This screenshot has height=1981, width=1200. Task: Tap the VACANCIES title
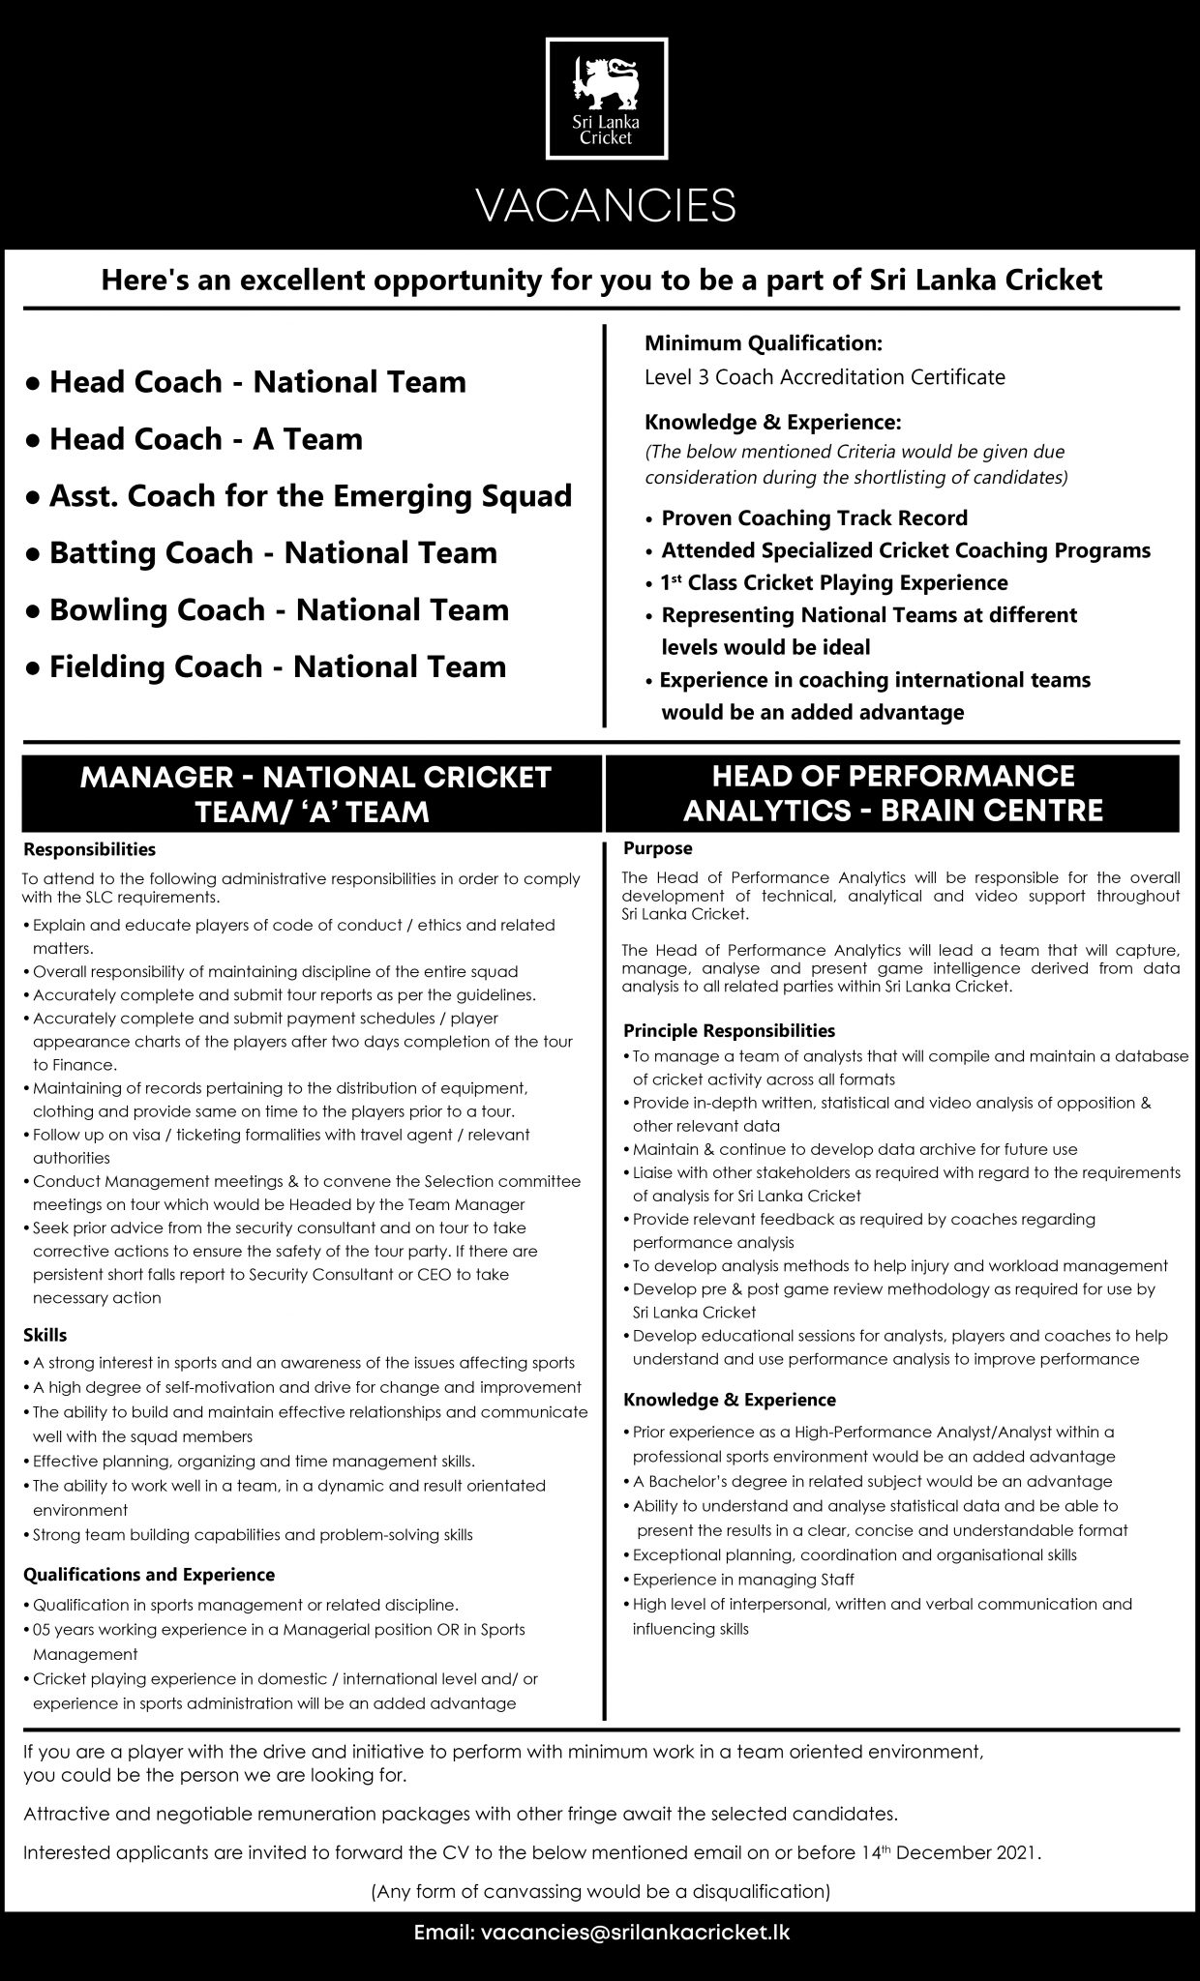click(609, 206)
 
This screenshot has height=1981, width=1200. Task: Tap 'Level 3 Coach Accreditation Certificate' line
click(825, 377)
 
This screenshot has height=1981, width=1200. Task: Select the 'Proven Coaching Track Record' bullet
click(814, 518)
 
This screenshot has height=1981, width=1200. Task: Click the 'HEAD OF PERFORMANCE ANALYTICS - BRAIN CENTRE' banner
click(892, 793)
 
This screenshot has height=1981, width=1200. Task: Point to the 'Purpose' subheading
click(658, 848)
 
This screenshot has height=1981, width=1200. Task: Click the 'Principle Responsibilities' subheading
click(729, 1030)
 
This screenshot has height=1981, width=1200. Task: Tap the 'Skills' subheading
click(45, 1335)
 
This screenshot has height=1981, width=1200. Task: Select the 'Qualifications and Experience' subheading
click(149, 1575)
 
